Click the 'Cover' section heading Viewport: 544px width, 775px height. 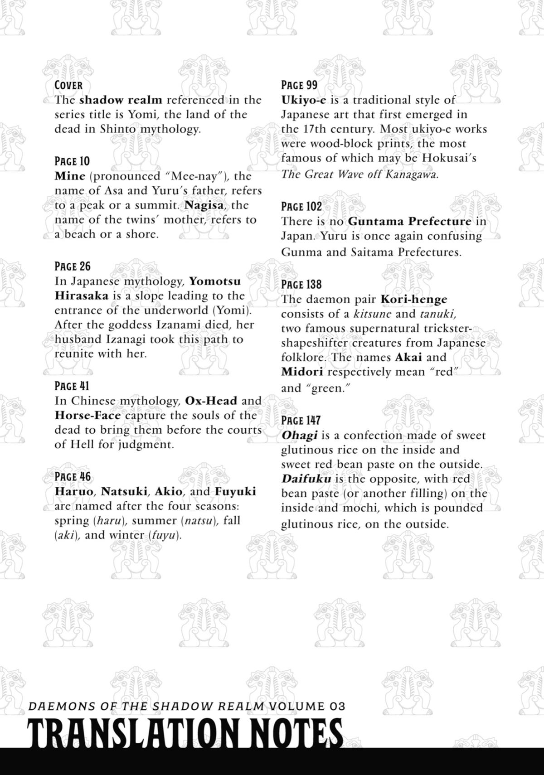click(68, 85)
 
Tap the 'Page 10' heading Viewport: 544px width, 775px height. click(72, 161)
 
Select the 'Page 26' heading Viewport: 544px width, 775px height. click(73, 266)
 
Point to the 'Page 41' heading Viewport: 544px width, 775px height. click(72, 386)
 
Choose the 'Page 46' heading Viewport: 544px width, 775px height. click(73, 477)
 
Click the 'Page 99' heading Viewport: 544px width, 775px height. click(299, 85)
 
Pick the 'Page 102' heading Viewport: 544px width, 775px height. click(301, 207)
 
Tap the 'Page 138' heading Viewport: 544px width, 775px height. click(301, 285)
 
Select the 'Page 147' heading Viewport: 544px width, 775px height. click(301, 421)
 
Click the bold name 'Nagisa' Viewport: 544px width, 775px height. click(204, 205)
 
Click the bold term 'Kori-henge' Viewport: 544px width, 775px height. click(414, 300)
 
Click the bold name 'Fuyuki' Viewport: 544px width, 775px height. click(235, 492)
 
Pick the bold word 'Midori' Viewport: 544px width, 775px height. click(302, 372)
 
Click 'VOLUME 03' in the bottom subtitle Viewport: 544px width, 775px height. click(306, 706)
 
